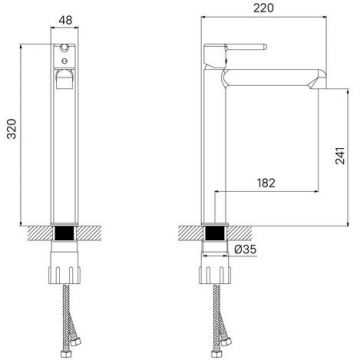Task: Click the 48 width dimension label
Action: [65, 20]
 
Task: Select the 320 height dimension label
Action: [12, 128]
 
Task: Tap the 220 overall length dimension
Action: [263, 8]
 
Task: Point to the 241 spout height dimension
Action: [340, 155]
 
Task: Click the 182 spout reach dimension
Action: [266, 183]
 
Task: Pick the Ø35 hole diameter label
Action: [245, 249]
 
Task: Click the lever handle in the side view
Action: [246, 47]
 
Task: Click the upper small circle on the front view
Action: [64, 48]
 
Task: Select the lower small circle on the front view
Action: [64, 61]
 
